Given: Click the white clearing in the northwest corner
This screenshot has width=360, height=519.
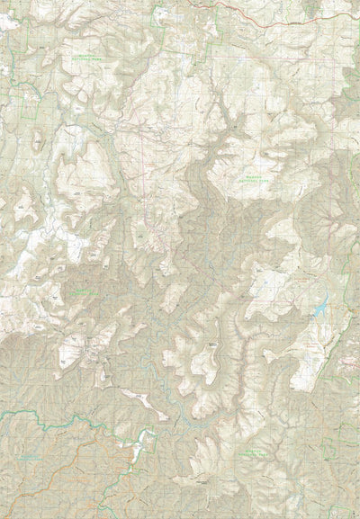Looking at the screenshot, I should pos(9,22).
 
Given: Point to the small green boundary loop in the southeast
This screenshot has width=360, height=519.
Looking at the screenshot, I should pos(346,360).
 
